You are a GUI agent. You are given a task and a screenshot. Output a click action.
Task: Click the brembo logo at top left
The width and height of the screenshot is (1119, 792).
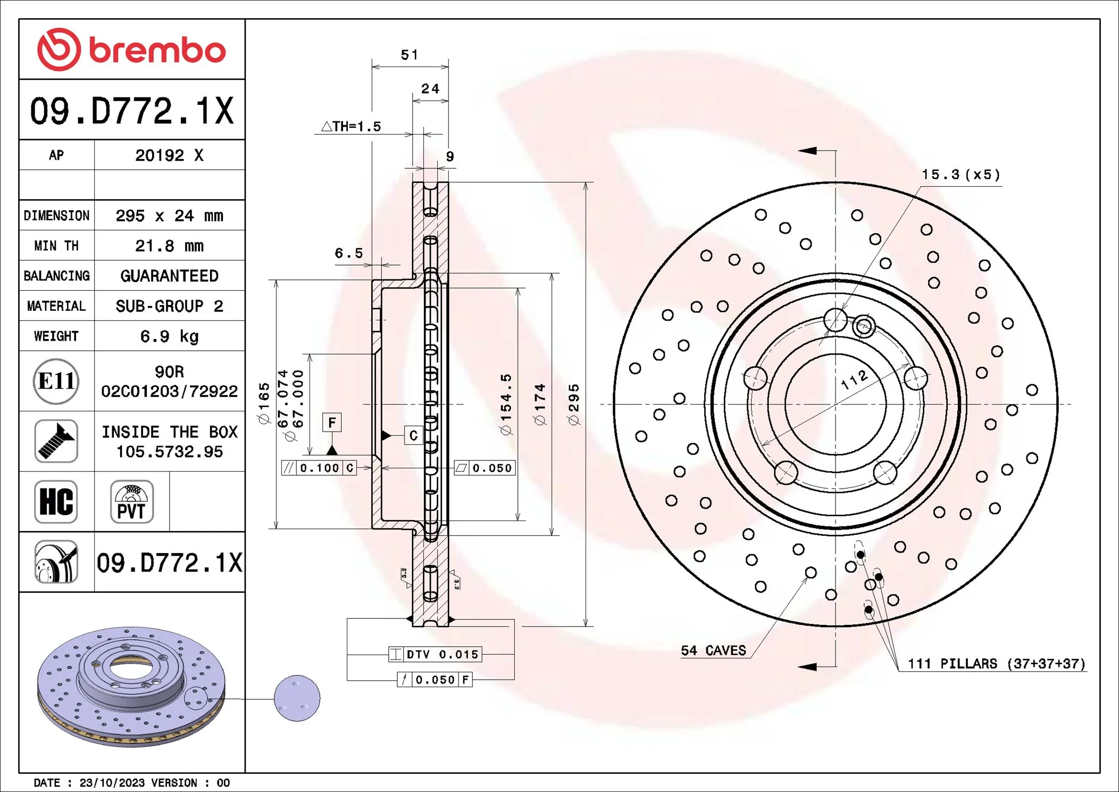click(x=131, y=49)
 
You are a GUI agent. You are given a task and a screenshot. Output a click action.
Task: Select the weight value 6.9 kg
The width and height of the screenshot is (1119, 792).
click(x=169, y=336)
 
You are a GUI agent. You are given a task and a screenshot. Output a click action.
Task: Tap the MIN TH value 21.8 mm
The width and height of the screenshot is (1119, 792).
click(x=169, y=246)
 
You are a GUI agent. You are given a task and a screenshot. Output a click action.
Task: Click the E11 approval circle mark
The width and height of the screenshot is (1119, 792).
click(x=56, y=381)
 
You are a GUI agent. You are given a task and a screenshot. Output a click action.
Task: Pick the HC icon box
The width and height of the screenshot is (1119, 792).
click(x=56, y=502)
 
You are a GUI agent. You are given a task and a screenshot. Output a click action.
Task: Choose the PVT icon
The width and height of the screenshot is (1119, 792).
click(x=132, y=502)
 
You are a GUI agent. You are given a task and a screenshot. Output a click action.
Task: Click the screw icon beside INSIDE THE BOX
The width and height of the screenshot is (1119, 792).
click(x=56, y=441)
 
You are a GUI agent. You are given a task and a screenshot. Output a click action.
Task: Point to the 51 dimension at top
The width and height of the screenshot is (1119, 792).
click(x=409, y=55)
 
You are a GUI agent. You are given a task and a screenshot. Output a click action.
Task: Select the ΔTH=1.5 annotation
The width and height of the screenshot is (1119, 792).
click(x=352, y=127)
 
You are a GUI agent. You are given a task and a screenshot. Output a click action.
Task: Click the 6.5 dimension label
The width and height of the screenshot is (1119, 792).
click(x=348, y=253)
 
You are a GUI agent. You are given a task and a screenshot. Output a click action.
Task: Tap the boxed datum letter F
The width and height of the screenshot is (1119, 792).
click(x=332, y=423)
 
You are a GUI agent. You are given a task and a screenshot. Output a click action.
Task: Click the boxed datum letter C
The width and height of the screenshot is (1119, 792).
click(x=413, y=436)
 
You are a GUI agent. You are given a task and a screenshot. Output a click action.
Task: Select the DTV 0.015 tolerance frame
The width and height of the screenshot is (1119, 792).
click(x=436, y=654)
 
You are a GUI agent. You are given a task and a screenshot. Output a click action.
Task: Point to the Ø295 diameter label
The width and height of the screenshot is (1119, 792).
click(x=574, y=405)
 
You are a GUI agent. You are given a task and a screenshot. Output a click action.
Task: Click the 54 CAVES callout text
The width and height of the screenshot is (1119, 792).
click(x=713, y=650)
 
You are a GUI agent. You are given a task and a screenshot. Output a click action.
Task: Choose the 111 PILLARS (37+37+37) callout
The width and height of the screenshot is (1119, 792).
click(x=996, y=664)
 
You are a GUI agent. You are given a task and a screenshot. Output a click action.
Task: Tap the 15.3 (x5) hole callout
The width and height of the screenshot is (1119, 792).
click(x=961, y=175)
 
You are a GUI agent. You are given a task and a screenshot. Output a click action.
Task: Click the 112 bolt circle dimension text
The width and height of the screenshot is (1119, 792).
click(x=855, y=379)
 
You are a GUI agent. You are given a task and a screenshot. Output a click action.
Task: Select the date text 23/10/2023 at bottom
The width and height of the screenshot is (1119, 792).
click(x=112, y=783)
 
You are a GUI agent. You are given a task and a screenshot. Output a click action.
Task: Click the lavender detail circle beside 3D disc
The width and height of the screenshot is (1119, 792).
click(x=297, y=698)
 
